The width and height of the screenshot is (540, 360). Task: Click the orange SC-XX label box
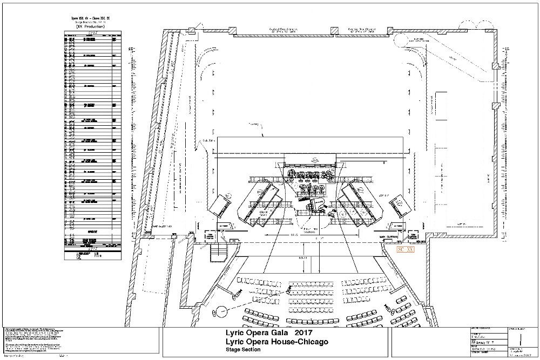[406, 250]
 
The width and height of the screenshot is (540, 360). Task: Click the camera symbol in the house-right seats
[387, 307]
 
